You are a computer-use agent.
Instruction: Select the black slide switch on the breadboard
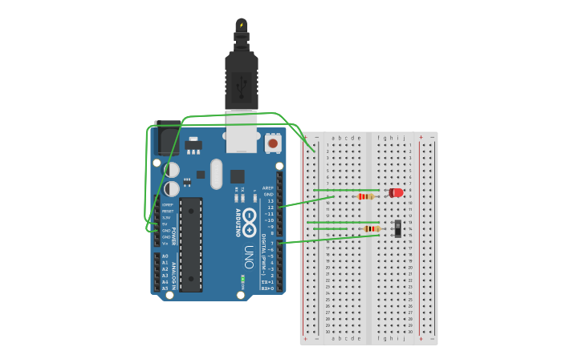[x=398, y=228]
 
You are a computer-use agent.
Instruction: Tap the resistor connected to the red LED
[x=366, y=196]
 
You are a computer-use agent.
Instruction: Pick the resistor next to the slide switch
[x=370, y=228]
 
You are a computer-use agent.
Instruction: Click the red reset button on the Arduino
[x=273, y=143]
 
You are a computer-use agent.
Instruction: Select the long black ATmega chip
[x=191, y=244]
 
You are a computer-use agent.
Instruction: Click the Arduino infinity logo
[x=250, y=218]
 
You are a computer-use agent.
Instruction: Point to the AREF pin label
[x=268, y=188]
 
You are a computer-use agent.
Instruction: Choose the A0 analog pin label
[x=165, y=256]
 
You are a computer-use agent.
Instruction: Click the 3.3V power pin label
[x=166, y=217]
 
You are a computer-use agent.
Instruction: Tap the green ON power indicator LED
[x=242, y=280]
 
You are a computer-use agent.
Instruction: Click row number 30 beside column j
[x=409, y=332]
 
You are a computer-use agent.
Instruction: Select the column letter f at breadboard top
[x=379, y=138]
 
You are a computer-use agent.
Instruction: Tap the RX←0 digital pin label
[x=268, y=288]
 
